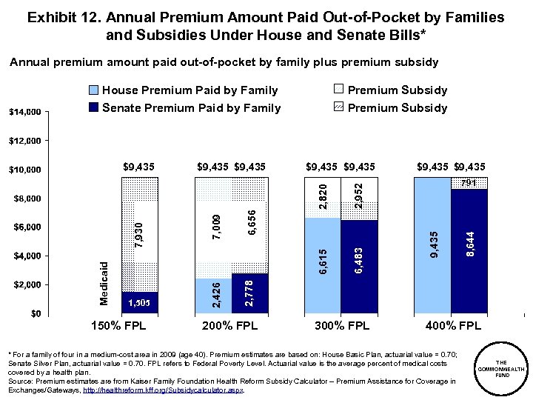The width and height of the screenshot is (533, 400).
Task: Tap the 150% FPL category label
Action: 118,325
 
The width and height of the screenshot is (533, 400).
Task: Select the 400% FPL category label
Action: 453,325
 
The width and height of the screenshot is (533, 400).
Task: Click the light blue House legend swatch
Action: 93,90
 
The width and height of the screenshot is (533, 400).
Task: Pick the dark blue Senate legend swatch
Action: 93,108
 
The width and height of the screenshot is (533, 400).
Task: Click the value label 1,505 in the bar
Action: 140,302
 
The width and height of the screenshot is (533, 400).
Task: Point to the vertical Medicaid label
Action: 104,282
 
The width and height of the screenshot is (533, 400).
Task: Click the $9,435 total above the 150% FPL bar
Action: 138,166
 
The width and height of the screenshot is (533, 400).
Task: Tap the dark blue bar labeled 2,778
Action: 249,293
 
